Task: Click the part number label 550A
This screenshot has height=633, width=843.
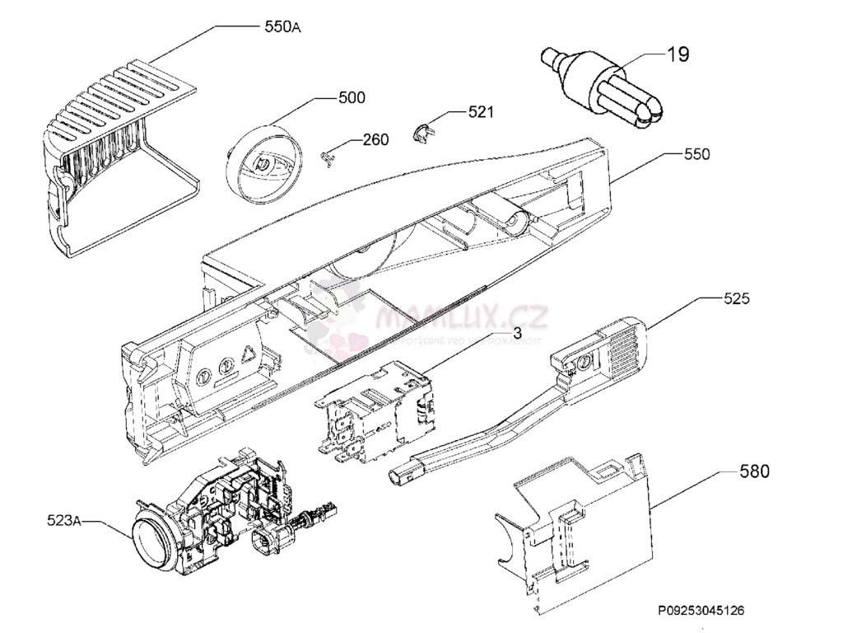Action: pos(282,27)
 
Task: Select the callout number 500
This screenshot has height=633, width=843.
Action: pos(352,98)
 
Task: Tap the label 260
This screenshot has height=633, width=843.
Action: pos(375,140)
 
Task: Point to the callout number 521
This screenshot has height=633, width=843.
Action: pos(481,112)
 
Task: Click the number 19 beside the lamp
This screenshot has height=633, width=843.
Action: pos(678,55)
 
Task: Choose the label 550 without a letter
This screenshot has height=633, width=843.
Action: pos(696,154)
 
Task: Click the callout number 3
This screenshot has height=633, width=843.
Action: pos(518,333)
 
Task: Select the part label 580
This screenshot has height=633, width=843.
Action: pos(754,471)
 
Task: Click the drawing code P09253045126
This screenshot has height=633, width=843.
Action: pos(701,611)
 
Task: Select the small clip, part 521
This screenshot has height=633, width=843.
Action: pos(421,132)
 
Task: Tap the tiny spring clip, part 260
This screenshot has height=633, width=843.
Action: pos(330,156)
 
